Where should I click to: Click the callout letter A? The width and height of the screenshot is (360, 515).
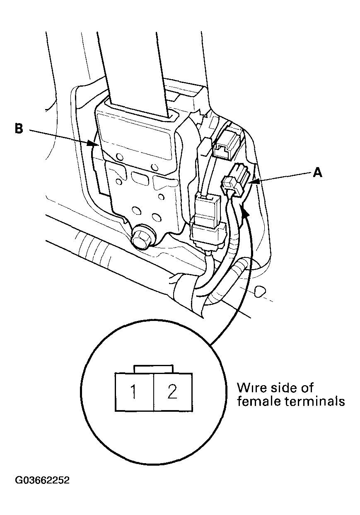[317, 172]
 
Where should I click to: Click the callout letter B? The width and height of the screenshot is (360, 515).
[18, 129]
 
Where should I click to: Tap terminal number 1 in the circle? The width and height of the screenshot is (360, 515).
[134, 392]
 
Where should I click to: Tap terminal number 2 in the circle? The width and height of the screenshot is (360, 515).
[172, 392]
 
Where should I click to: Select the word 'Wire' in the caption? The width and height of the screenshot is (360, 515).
[250, 388]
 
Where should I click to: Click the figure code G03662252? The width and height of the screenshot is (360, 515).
[42, 481]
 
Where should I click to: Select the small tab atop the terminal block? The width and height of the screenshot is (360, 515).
[153, 369]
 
